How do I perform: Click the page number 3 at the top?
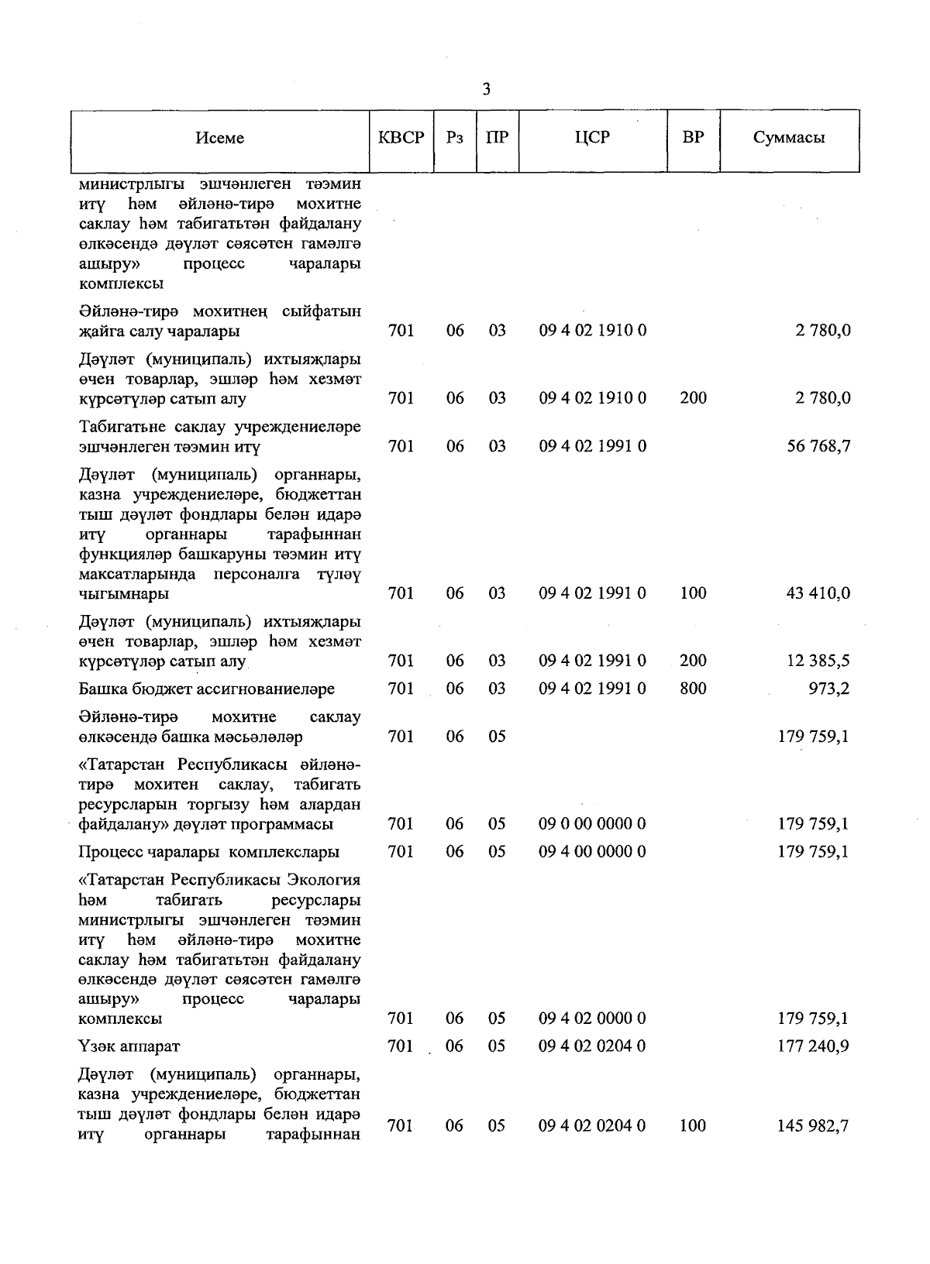[486, 89]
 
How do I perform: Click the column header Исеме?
[219, 138]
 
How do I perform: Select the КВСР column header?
[401, 138]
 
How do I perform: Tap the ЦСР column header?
[592, 138]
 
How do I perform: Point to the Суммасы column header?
[788, 138]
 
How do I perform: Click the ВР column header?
[693, 138]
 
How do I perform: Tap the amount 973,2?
[828, 689]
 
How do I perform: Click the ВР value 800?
[693, 689]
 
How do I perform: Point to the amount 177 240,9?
[813, 1046]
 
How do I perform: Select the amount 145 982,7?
[813, 1125]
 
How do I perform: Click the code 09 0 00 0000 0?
[592, 824]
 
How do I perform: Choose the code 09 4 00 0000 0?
[592, 852]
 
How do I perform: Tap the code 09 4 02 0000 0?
[592, 1018]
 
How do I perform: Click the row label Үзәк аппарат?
[129, 1046]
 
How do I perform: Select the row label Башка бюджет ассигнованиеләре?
[206, 689]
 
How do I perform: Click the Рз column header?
[455, 138]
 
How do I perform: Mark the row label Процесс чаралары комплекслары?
[208, 852]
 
